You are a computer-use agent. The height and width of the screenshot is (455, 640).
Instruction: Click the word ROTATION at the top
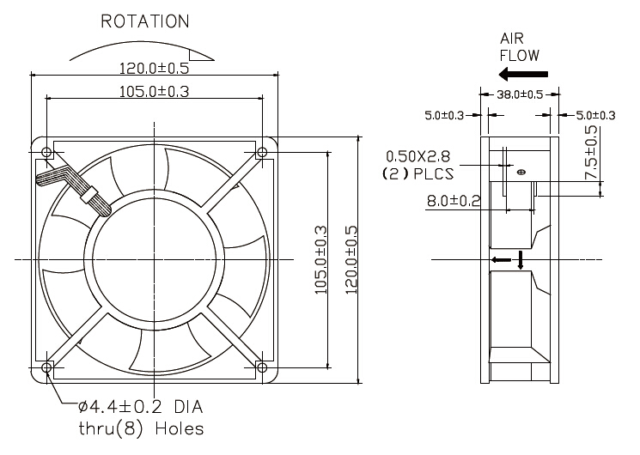145,21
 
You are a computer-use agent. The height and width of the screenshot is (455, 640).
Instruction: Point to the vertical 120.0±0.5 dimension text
350,259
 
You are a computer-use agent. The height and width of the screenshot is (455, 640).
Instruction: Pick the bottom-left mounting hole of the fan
46,367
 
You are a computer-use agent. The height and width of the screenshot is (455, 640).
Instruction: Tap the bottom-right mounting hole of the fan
261,367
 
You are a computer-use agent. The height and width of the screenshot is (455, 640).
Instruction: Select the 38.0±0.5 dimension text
520,94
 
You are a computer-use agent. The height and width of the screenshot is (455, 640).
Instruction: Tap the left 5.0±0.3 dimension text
444,115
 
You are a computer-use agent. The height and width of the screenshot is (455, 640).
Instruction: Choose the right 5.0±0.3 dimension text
595,115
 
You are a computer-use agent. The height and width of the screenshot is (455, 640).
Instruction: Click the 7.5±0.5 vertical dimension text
590,153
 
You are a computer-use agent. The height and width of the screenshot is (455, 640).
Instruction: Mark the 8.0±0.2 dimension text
454,201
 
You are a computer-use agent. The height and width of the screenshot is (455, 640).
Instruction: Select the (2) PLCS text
417,173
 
